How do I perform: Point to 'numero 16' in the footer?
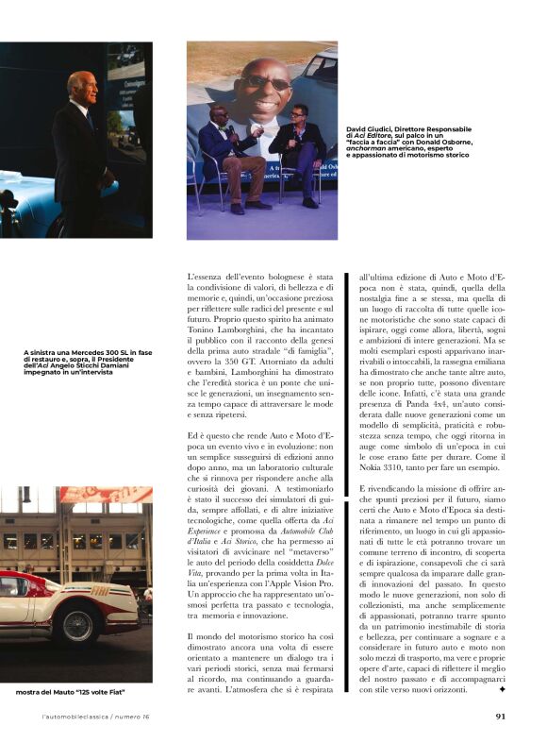(x=141, y=715)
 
